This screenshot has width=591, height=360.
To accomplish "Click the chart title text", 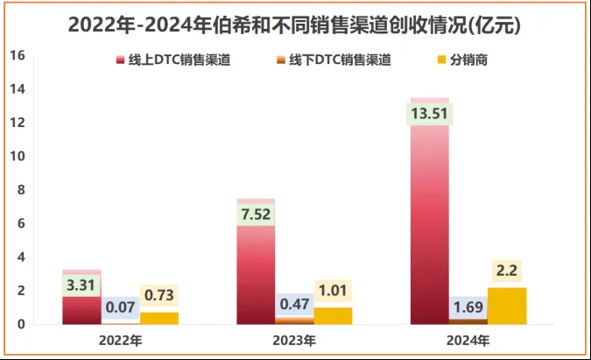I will [294, 25].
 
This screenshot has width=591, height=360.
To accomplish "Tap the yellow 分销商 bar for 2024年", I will [507, 306].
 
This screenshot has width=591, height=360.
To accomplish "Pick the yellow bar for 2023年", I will [333, 315].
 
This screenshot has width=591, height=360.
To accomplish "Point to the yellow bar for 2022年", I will [159, 318].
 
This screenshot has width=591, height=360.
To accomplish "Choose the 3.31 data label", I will [82, 284].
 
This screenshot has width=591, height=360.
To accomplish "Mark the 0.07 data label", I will [121, 307].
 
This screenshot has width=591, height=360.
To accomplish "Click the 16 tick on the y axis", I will [17, 55].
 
